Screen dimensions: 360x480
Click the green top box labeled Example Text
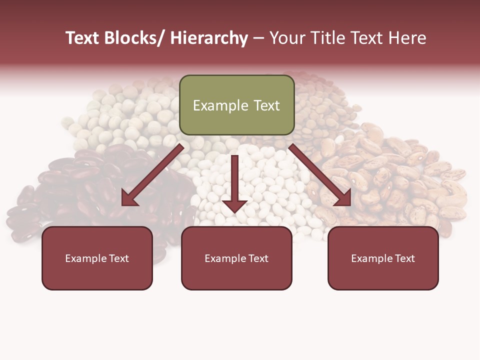(236, 105)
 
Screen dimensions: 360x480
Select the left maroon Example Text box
(97, 258)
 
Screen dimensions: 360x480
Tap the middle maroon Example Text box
(236, 258)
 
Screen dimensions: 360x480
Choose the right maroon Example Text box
(383, 258)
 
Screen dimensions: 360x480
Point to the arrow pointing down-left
(152, 175)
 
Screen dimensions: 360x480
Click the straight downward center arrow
(234, 182)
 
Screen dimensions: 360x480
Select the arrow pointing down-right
(320, 175)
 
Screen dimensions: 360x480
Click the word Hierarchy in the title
(209, 38)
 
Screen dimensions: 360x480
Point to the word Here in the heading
(407, 38)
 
